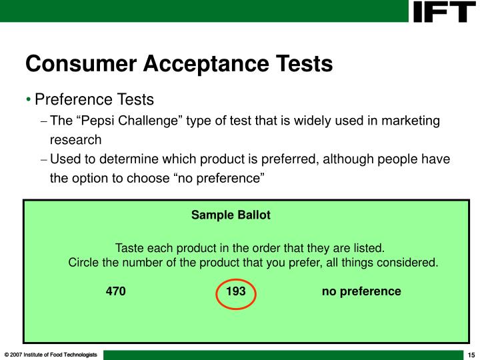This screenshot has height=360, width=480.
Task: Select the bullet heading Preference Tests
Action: point(94,100)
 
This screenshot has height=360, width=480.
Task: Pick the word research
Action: point(76,140)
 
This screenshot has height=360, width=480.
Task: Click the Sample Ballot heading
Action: point(231,215)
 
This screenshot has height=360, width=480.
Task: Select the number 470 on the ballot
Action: point(116,291)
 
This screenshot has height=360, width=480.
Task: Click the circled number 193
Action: point(236,292)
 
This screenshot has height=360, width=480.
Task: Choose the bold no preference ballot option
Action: point(361,291)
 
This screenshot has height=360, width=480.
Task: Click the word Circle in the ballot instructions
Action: point(84,262)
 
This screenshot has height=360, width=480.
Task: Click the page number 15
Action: point(470,353)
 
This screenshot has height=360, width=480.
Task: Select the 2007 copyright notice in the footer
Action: point(51,353)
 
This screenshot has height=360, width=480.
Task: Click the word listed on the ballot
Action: point(367,248)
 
